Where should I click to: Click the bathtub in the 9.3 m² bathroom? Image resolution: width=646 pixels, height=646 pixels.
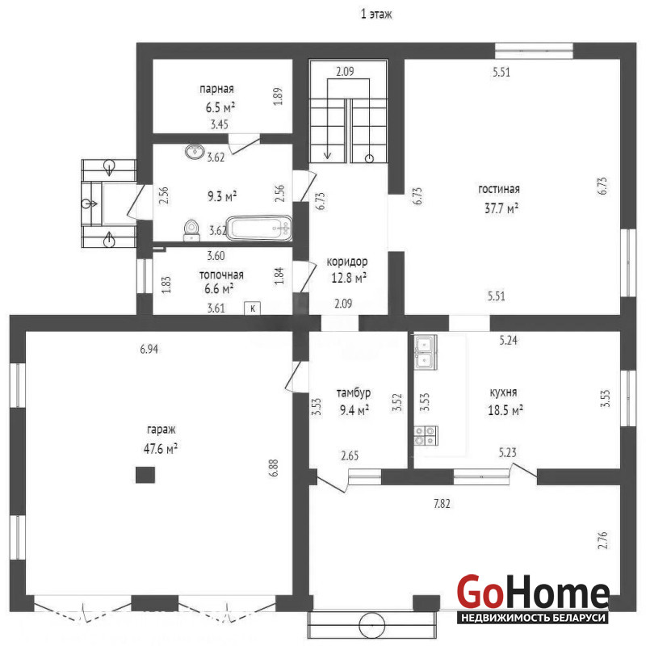coord(259,228)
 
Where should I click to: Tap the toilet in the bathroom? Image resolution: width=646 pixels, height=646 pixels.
coord(191,230)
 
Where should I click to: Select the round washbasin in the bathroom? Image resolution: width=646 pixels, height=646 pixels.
coord(195,152)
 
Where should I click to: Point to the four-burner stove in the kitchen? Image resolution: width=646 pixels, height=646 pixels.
coord(425,436)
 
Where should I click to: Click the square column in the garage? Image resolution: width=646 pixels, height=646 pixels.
coord(145,475)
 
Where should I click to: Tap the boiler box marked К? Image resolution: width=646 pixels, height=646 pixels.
coord(253,308)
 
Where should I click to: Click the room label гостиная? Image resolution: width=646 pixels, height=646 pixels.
coord(499,190)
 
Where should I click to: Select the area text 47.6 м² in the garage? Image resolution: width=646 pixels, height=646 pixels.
coord(160,448)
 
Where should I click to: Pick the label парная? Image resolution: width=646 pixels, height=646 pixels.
coord(216,89)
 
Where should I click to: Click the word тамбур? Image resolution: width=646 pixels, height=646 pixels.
coord(354,393)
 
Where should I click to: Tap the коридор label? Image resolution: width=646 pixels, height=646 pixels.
coord(347,262)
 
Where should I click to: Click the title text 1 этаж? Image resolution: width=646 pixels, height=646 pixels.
coord(376,15)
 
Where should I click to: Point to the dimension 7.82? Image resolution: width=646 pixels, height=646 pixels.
coord(442,503)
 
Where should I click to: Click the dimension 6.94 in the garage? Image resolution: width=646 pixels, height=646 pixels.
coord(149,350)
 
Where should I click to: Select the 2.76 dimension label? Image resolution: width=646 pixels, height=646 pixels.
coord(602,540)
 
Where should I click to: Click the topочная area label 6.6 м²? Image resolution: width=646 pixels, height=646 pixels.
coord(219,289)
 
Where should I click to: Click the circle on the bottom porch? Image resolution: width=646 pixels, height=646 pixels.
coord(371,624)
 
